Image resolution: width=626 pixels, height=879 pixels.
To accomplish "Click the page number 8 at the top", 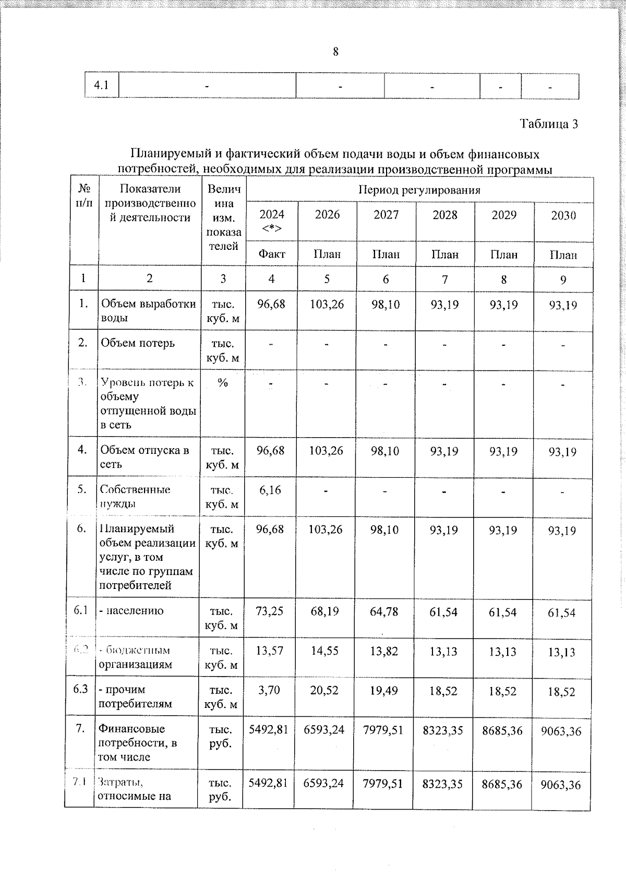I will click(335, 52).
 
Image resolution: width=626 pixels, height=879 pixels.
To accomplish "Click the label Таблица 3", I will click(549, 124).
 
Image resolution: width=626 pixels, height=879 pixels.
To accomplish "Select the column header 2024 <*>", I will click(272, 221).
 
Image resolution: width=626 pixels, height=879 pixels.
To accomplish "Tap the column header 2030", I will click(563, 215).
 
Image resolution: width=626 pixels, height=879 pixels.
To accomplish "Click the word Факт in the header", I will click(272, 254).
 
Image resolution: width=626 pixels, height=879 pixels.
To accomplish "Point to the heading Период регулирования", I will click(419, 189).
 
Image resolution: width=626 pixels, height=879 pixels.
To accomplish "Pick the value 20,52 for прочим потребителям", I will click(324, 691).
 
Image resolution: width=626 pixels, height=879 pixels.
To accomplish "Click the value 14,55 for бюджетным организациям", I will click(324, 651).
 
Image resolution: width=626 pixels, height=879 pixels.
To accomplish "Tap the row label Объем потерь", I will click(138, 343).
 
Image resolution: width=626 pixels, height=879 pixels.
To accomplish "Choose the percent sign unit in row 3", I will click(223, 383).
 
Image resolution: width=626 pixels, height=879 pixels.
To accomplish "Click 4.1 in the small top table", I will click(102, 85).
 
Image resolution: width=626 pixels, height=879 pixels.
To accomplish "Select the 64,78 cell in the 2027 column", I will click(383, 611).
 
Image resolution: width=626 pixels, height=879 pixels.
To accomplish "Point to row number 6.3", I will click(80, 689).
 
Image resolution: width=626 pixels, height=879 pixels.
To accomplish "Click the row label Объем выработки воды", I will click(148, 311).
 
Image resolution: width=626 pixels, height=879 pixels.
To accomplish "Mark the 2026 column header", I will click(327, 215).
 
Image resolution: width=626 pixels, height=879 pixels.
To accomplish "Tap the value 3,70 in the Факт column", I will click(269, 691).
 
